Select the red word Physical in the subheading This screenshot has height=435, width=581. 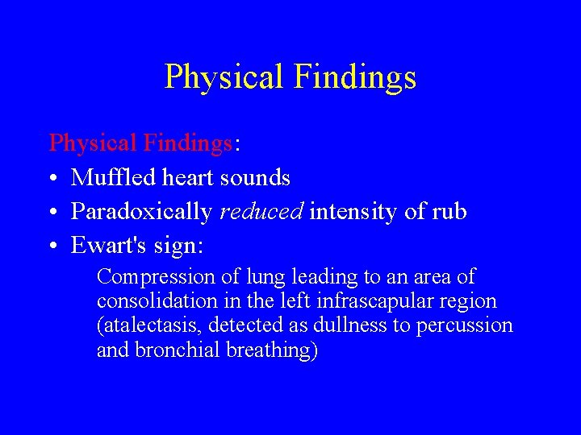93,143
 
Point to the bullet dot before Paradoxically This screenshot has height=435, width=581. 53,212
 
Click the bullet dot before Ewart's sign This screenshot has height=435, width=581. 53,246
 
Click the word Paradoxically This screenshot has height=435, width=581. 142,212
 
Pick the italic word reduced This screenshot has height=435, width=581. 261,212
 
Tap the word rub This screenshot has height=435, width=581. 449,212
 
